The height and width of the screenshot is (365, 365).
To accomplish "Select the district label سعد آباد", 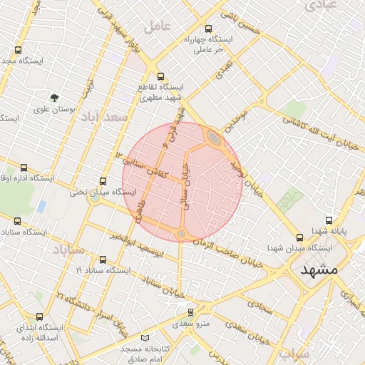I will pos(103,115).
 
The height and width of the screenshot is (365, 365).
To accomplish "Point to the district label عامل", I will pos(157,26).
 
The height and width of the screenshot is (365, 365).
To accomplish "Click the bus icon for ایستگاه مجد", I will pos(18,51).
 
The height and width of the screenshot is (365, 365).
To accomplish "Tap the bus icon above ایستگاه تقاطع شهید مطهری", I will pos(160,76).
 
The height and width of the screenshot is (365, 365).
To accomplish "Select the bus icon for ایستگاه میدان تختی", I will pos(103,181).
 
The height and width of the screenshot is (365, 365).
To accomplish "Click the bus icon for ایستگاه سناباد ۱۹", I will pos(103,259).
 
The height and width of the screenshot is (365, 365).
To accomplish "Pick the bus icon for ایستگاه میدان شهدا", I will pos(299,237).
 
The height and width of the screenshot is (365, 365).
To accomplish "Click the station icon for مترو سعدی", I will pos(190,312).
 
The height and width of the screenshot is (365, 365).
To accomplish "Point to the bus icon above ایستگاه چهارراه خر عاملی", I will pos(207,29).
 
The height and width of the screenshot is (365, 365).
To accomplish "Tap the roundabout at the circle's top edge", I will pos(213,137).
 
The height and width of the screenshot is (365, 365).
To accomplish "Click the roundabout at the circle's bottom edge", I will pos(182,234).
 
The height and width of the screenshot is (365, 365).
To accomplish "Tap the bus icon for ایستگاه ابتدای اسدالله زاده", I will pos(38,316).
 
